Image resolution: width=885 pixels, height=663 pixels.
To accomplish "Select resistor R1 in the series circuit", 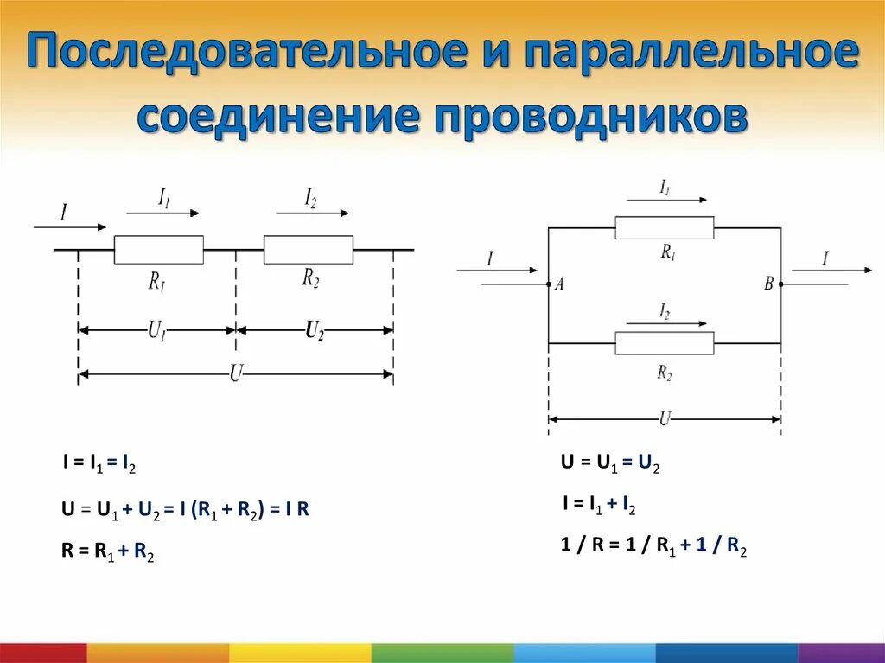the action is point(159,250).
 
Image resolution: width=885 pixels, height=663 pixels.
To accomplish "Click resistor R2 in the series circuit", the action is point(309,250).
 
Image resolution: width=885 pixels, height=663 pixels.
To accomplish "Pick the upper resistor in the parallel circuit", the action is point(664,228).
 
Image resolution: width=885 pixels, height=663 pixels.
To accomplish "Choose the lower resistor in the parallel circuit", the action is point(664,343).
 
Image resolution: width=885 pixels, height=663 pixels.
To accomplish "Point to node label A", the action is point(559,285).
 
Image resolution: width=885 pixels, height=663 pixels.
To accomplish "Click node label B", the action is point(768,284).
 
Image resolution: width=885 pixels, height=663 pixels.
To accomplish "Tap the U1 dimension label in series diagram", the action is point(156,330).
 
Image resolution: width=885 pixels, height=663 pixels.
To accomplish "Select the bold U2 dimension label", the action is point(315,330).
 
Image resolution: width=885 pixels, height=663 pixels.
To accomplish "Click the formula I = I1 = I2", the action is point(99,465).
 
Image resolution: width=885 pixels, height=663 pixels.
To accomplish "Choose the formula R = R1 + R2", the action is point(108,553).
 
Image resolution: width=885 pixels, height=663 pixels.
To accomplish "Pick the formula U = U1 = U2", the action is point(610,464).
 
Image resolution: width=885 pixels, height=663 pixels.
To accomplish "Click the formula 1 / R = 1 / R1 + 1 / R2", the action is point(653,546).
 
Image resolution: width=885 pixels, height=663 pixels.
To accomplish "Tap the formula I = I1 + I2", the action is point(599,506).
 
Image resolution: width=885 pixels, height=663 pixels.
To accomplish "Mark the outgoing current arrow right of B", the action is point(831,271).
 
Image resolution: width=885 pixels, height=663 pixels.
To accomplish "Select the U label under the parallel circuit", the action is point(664,419).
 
